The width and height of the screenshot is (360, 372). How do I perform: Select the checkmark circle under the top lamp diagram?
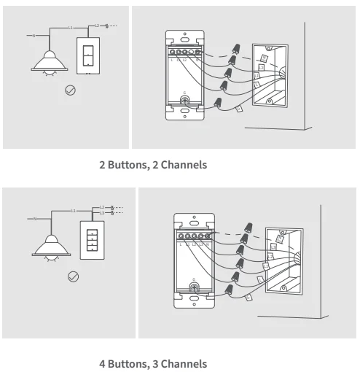(70, 90)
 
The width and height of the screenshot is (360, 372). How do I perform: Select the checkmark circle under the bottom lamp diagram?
(73, 276)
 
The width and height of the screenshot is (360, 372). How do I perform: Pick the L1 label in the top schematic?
(71, 26)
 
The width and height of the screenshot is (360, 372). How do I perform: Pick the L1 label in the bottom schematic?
(74, 211)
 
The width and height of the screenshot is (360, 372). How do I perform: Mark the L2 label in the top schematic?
(97, 26)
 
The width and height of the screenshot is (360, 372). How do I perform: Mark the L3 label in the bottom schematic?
(102, 212)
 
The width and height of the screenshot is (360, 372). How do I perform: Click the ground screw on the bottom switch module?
(193, 287)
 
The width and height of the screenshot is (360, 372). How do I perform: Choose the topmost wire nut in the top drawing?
(236, 47)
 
